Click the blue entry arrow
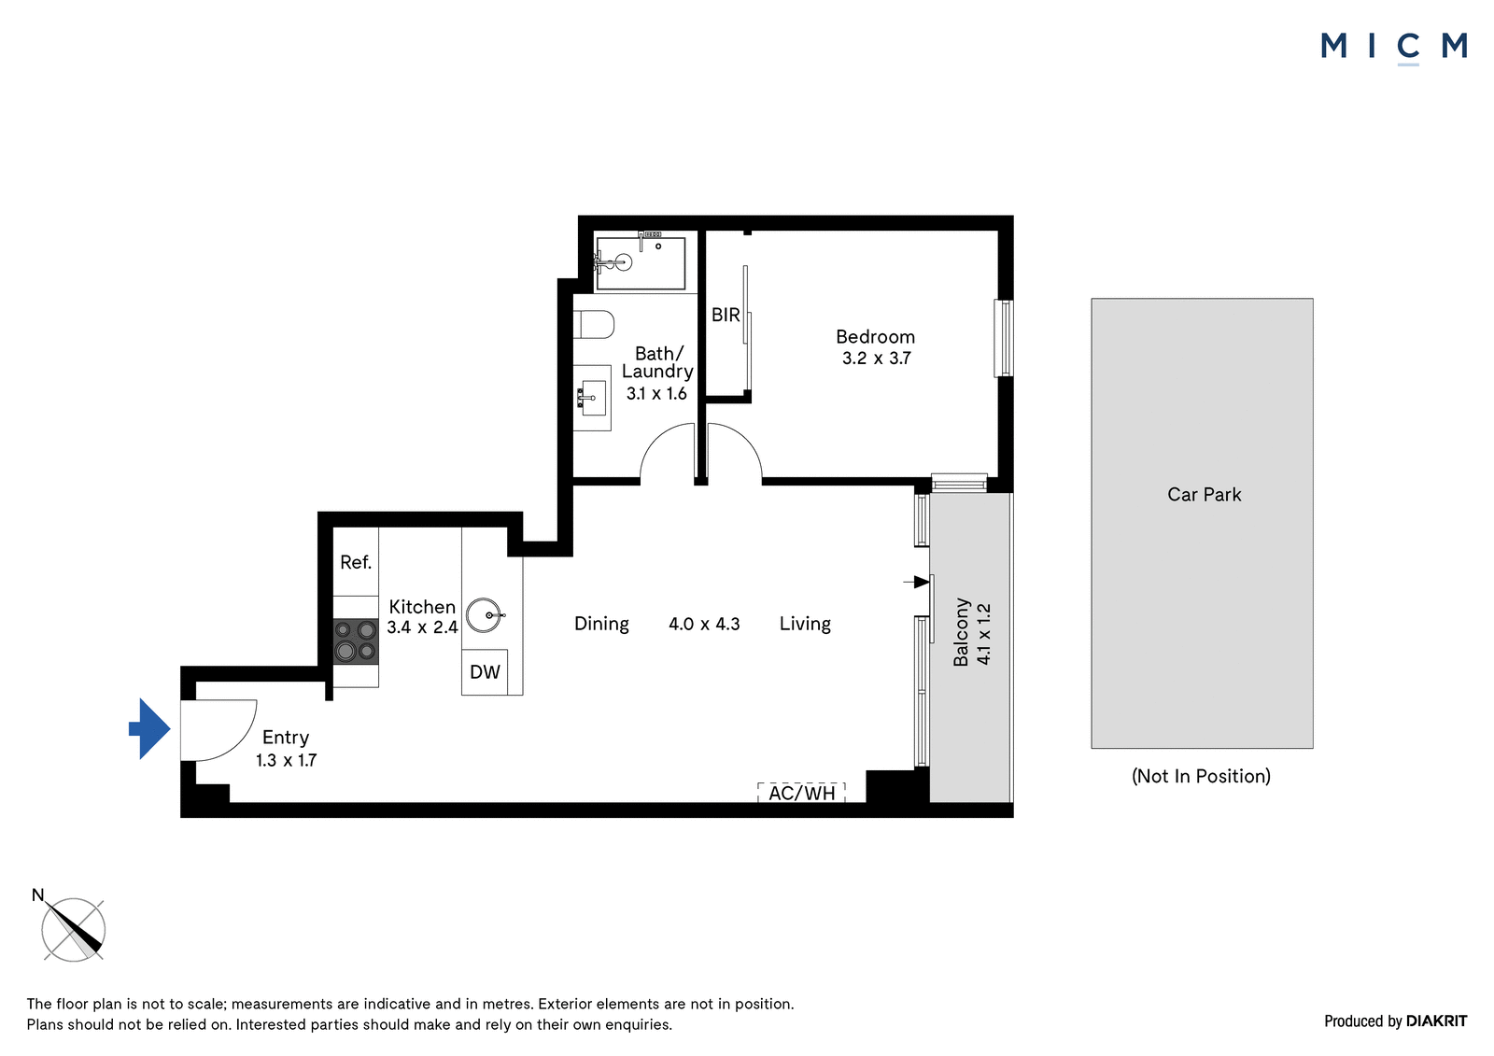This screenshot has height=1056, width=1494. (149, 728)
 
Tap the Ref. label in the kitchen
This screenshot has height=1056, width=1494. (356, 562)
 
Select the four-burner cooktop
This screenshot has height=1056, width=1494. (356, 641)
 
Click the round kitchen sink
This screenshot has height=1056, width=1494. (486, 615)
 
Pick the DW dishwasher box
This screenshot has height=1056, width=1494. (485, 671)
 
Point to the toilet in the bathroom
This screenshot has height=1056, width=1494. (594, 324)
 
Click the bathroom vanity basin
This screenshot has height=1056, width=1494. (592, 398)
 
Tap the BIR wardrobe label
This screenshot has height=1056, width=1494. (726, 315)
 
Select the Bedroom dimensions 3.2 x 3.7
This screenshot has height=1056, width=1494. (877, 359)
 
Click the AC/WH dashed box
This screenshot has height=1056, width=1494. (802, 793)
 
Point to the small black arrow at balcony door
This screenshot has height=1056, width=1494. (916, 582)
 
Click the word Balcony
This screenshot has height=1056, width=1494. (961, 632)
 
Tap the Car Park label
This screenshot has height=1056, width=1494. (1204, 494)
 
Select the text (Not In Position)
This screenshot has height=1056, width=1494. (1201, 776)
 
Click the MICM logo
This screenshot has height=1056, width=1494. (1394, 48)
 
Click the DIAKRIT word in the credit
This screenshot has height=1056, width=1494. (1437, 1021)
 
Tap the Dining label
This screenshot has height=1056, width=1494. (601, 624)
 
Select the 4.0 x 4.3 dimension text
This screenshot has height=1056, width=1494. (704, 624)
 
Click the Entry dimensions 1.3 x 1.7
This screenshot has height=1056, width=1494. (286, 760)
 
